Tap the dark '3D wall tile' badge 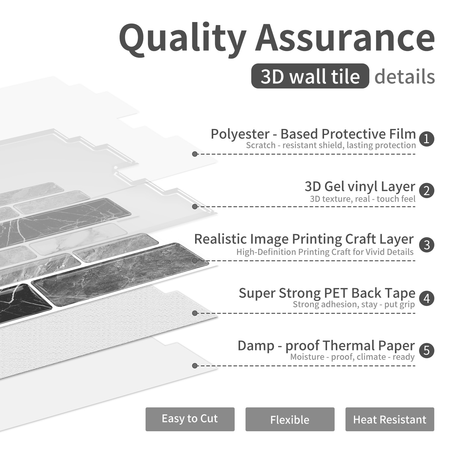pyautogui.click(x=310, y=76)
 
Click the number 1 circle pyautogui.click(x=426, y=139)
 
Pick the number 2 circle pyautogui.click(x=426, y=191)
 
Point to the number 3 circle pyautogui.click(x=426, y=245)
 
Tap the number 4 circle pyautogui.click(x=426, y=298)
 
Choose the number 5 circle pyautogui.click(x=426, y=350)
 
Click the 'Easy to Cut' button pyautogui.click(x=190, y=419)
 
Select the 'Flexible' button pyautogui.click(x=290, y=419)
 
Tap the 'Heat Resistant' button pyautogui.click(x=390, y=419)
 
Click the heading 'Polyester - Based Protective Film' pyautogui.click(x=313, y=134)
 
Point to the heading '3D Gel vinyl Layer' pyautogui.click(x=360, y=187)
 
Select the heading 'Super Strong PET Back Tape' pyautogui.click(x=327, y=293)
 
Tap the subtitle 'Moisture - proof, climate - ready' pyautogui.click(x=352, y=357)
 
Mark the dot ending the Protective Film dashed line pyautogui.click(x=195, y=154)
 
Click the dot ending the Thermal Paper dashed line pyautogui.click(x=195, y=366)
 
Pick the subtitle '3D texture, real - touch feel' pyautogui.click(x=363, y=199)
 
